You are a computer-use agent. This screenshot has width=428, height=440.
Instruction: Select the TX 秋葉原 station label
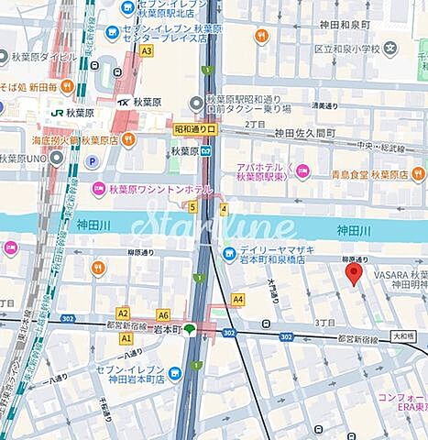(x=139, y=103)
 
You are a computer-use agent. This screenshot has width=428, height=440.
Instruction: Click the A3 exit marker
(x=146, y=51)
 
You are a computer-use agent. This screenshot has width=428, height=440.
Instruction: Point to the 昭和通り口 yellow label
(x=196, y=131)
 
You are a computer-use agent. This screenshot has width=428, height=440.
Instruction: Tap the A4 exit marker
(x=237, y=299)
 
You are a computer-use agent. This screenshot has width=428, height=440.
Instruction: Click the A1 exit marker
(x=126, y=338)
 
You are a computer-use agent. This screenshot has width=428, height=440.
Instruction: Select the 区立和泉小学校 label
(x=354, y=47)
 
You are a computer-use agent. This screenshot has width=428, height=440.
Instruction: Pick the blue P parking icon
(x=91, y=161)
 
